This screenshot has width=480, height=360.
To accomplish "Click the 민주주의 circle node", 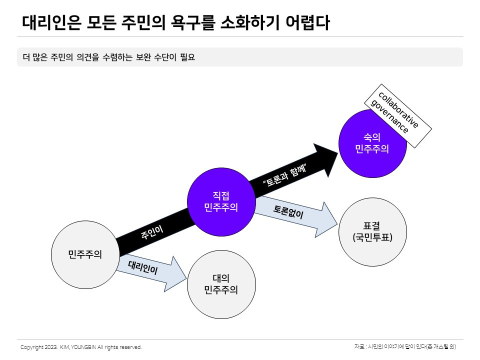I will point(85,254).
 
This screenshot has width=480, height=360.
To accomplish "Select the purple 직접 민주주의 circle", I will point(221,201).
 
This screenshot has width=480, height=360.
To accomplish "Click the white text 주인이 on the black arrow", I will point(152,231).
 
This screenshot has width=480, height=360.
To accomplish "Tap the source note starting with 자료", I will point(405,346).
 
